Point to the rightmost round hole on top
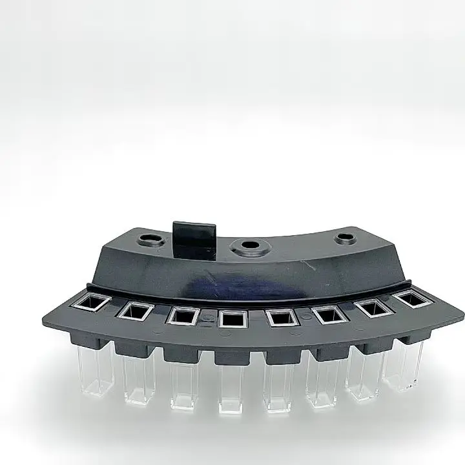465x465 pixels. [x=344, y=238]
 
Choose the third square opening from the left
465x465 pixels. [x=182, y=316]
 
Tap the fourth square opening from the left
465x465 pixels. [x=232, y=318]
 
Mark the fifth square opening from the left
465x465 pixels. [x=282, y=317]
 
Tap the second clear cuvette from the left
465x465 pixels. [x=139, y=381]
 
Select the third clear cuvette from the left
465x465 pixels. [x=184, y=386]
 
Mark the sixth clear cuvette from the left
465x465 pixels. [x=323, y=384]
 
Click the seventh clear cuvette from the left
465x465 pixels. [x=365, y=378]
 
